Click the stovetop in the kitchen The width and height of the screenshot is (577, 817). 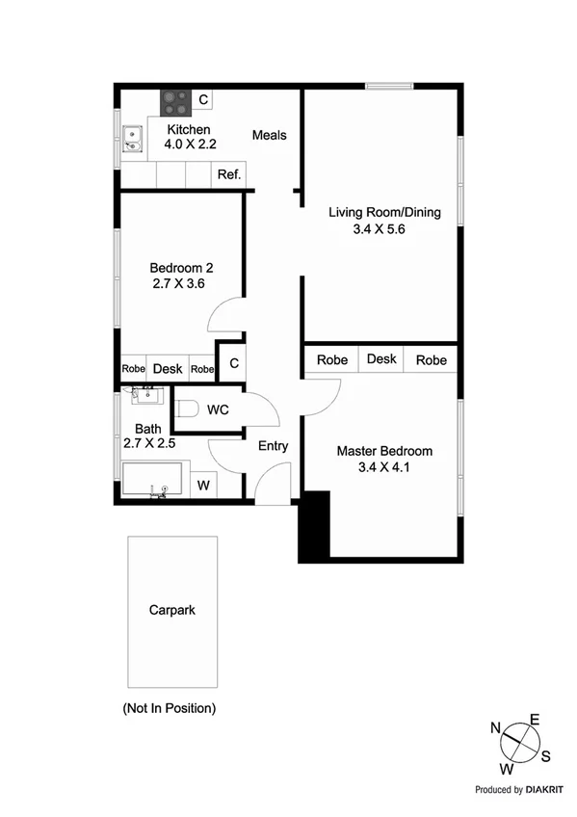tap(175, 98)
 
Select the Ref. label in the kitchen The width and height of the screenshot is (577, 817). tap(228, 174)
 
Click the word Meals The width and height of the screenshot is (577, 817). tap(270, 135)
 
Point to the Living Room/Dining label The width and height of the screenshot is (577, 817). tap(384, 212)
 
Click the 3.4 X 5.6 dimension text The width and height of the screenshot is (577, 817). tap(384, 229)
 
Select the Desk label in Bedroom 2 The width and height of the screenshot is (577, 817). tap(168, 368)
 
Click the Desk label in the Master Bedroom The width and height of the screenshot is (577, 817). tap(381, 359)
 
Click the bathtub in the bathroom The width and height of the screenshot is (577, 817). tap(151, 480)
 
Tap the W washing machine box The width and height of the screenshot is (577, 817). tap(203, 486)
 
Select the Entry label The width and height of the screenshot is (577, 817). tap(273, 446)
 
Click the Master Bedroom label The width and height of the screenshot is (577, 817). tap(384, 451)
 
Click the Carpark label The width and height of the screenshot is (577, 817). tap(171, 610)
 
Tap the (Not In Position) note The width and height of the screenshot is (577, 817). tap(169, 708)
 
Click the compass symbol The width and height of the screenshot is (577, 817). tap(521, 744)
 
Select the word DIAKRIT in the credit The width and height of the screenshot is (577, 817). tap(546, 789)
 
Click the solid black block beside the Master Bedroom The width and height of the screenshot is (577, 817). tap(314, 526)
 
